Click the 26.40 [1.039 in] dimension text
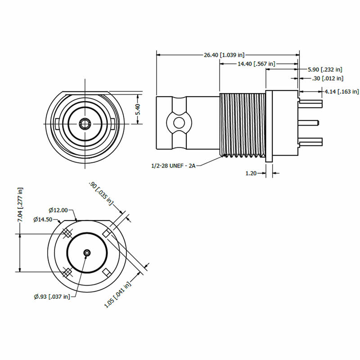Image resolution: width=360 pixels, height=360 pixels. click(224, 55)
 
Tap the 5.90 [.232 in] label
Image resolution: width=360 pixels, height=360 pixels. click(325, 70)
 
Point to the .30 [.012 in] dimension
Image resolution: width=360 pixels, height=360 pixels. click(328, 78)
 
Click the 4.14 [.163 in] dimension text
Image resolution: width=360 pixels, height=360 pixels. click(342, 91)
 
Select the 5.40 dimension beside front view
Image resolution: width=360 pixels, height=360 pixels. click(139, 109)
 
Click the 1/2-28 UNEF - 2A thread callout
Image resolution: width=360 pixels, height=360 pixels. click(174, 166)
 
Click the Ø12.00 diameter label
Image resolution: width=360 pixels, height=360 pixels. click(58, 210)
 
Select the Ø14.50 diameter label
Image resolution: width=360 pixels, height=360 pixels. click(43, 220)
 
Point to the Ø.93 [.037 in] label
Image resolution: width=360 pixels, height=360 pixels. click(52, 296)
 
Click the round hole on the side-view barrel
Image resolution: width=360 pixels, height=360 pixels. click(179, 122)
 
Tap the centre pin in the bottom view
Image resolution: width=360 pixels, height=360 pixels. click(86, 253)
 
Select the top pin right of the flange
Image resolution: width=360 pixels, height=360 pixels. click(311, 103)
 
